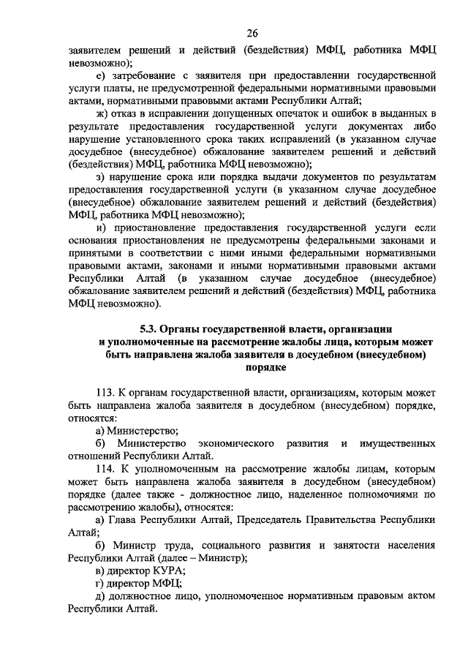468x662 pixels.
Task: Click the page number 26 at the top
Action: pos(253,33)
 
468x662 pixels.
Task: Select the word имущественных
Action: pos(399,443)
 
